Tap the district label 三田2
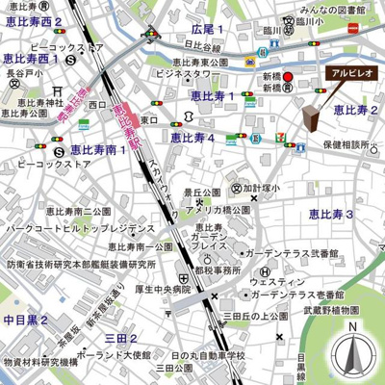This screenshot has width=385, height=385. click(x=120, y=338)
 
